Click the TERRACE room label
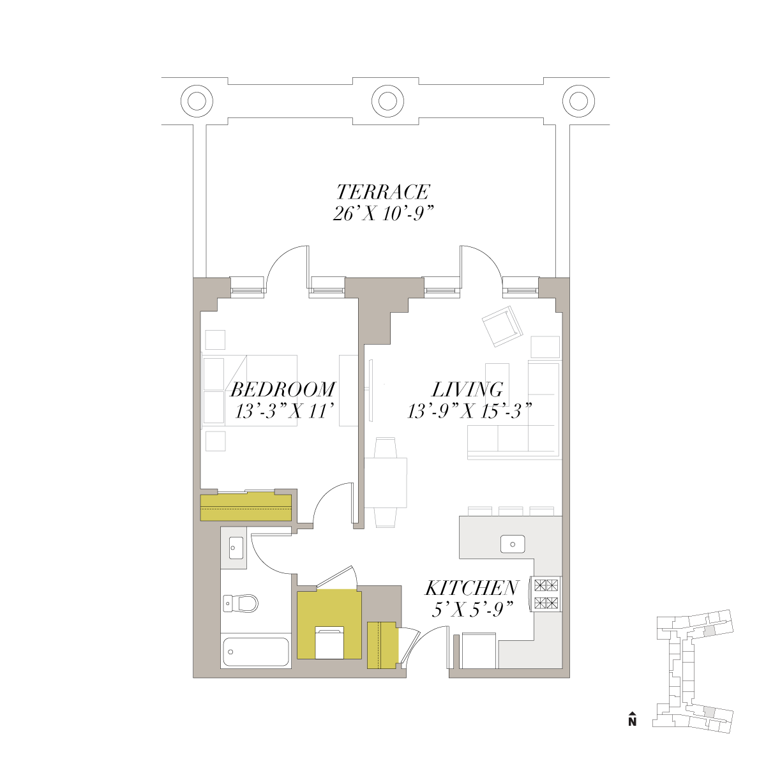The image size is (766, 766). pyautogui.click(x=383, y=192)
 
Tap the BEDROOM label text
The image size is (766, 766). pyautogui.click(x=283, y=389)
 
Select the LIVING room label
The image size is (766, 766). pyautogui.click(x=467, y=389)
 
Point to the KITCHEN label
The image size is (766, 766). pyautogui.click(x=472, y=588)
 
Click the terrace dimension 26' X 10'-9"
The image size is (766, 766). pyautogui.click(x=383, y=214)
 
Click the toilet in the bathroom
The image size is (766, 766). pyautogui.click(x=241, y=603)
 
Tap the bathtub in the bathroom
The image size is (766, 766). pyautogui.click(x=256, y=652)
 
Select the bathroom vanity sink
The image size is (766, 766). pyautogui.click(x=236, y=548)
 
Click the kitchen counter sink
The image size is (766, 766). pyautogui.click(x=513, y=544)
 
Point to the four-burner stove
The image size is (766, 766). pyautogui.click(x=545, y=594)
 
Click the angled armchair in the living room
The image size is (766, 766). pyautogui.click(x=502, y=326)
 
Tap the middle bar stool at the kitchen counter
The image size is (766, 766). pyautogui.click(x=511, y=511)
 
